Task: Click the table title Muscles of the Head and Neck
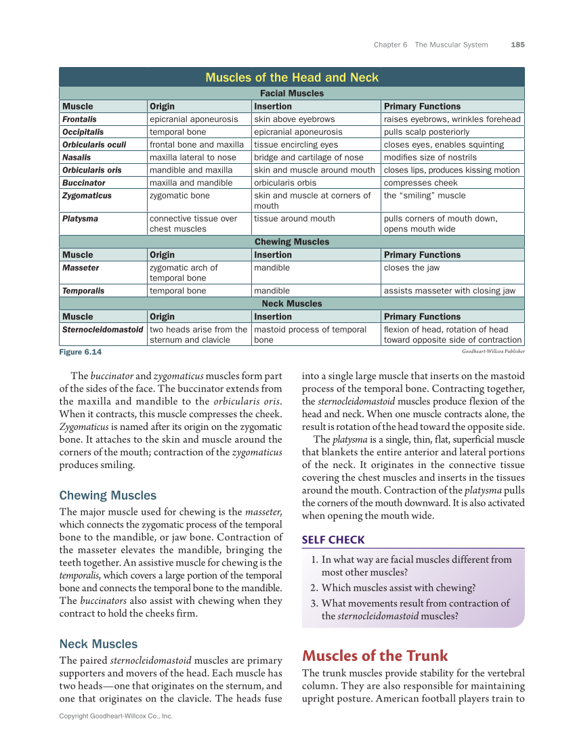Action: [x=292, y=77]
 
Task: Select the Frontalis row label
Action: [x=79, y=119]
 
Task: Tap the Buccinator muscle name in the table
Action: [x=84, y=183]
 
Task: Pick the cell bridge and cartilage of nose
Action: [x=308, y=158]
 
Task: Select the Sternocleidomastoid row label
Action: [x=102, y=330]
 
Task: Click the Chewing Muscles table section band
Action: [x=292, y=242]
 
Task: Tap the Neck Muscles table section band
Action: [x=292, y=303]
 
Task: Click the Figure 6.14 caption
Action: [x=81, y=352]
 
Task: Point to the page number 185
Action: [x=517, y=45]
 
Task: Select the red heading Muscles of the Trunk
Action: [x=375, y=655]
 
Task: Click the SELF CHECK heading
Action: [x=333, y=540]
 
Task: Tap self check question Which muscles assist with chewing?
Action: [x=398, y=588]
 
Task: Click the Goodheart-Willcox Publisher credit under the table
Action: [x=493, y=351]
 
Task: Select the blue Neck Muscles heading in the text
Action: [x=98, y=644]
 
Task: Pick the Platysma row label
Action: [x=80, y=219]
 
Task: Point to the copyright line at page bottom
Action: [x=116, y=716]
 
